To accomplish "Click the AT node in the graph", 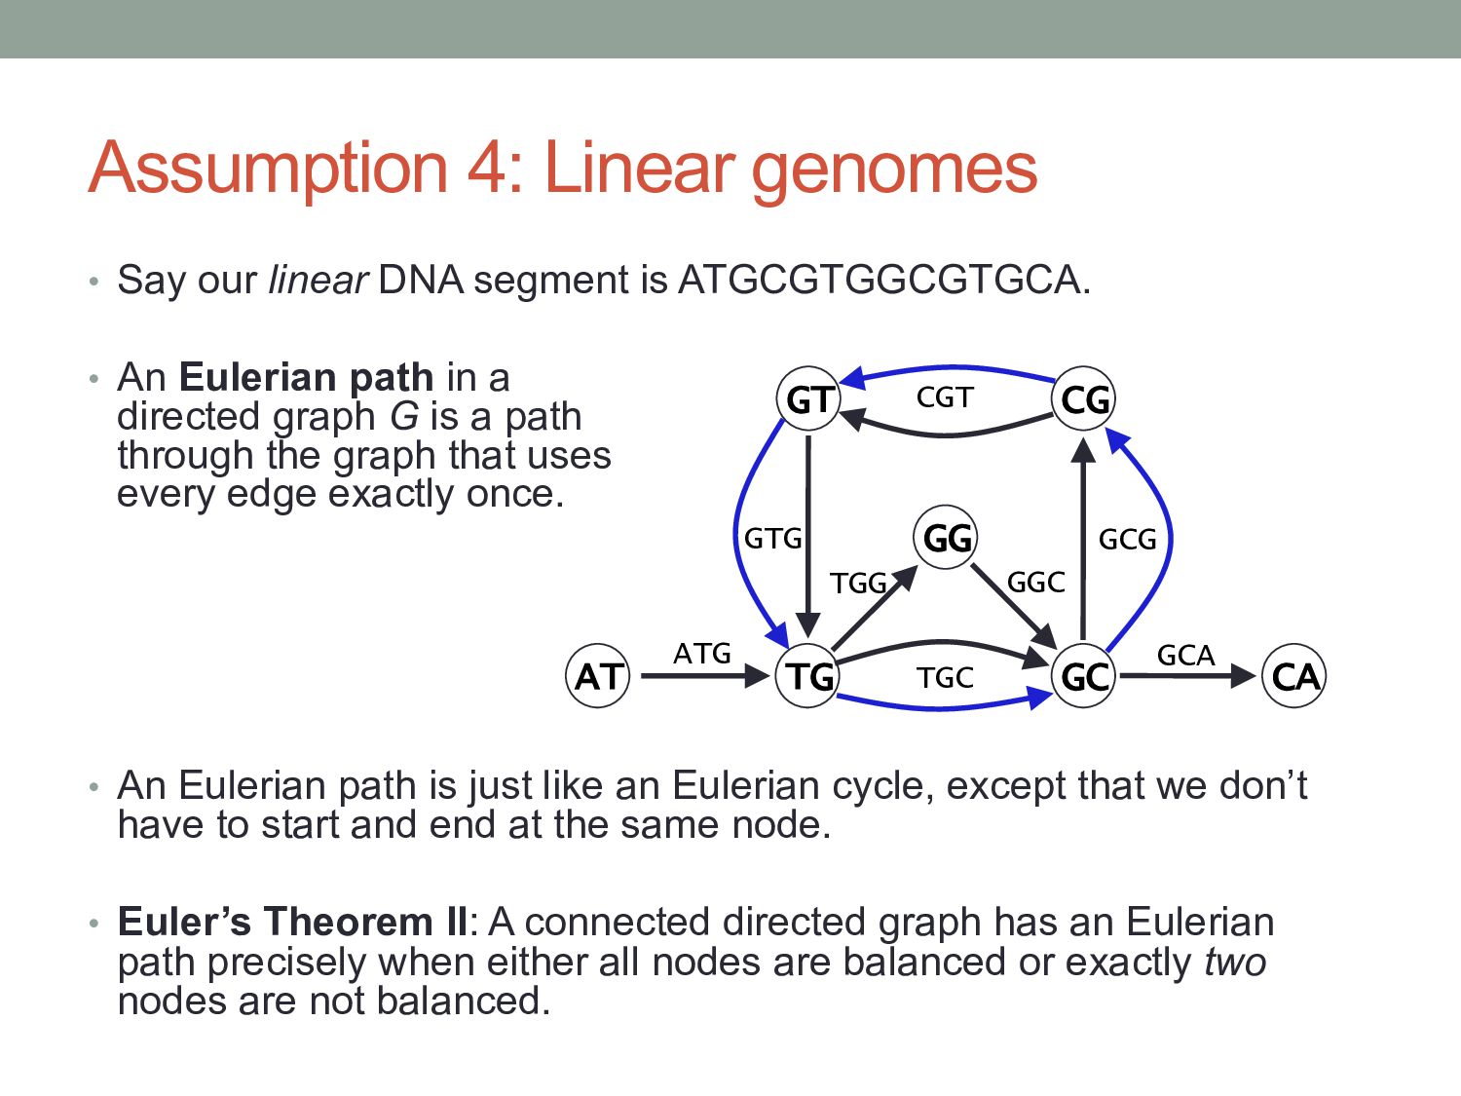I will coord(598,675).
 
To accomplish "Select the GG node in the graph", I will coord(946,537).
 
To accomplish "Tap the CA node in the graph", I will coord(1294,675).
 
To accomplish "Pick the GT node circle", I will coord(808,399).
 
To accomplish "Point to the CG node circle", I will coord(1084,399).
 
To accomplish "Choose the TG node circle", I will coord(808,675).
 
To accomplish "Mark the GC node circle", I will coord(1084,675).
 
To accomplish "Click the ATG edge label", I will coord(701,653).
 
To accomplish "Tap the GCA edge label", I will coord(1185,655).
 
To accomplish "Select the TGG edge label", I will coord(858,583).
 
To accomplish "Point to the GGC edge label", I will coord(1035,582).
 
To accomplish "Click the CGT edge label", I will coord(945,397).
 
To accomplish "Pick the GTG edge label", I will coord(772,538).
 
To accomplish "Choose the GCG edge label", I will coord(1127,539).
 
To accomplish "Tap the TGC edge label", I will coord(945,677).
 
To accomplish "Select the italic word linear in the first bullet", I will coord(318,281).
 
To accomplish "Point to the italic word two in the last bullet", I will coord(1235,962).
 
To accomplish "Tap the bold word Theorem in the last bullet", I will coord(350,922).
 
